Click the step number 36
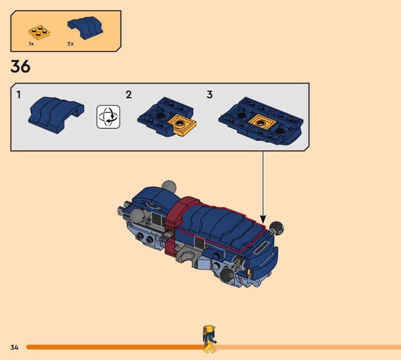coord(21,66)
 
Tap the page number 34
coord(15,347)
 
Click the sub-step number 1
coord(19,95)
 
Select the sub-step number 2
coord(129,95)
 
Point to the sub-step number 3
coord(210,95)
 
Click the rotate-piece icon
coord(108,117)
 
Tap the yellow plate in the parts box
coord(39,33)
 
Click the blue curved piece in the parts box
coord(85,28)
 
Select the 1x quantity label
coord(31,44)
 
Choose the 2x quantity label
coord(70,44)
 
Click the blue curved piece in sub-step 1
coord(56,115)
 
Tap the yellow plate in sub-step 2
coord(181,125)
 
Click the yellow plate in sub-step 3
coord(262,122)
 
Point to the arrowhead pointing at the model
coord(263,219)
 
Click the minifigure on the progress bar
coord(210,339)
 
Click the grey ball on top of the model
coord(169,187)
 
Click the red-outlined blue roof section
coord(222,227)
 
